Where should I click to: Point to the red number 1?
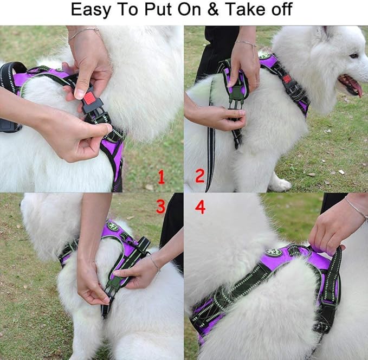coord(160,176)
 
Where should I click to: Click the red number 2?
coord(199,176)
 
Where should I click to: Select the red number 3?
coord(160,207)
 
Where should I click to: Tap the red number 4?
coord(200,207)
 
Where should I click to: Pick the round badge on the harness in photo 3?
coord(113,227)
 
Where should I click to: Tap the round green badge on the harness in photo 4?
coord(273,252)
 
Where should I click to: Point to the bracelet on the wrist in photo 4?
coord(356,208)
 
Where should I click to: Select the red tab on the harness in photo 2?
coord(287,79)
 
